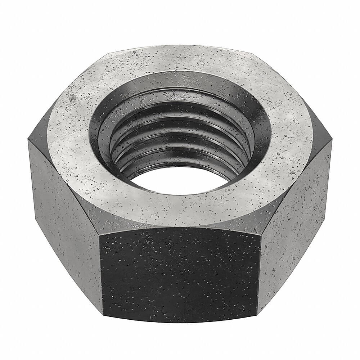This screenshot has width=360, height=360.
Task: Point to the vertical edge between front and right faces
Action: click(x=260, y=274)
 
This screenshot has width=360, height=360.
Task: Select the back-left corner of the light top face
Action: click(x=108, y=54)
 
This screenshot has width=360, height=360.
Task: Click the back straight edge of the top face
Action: click(x=180, y=46)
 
